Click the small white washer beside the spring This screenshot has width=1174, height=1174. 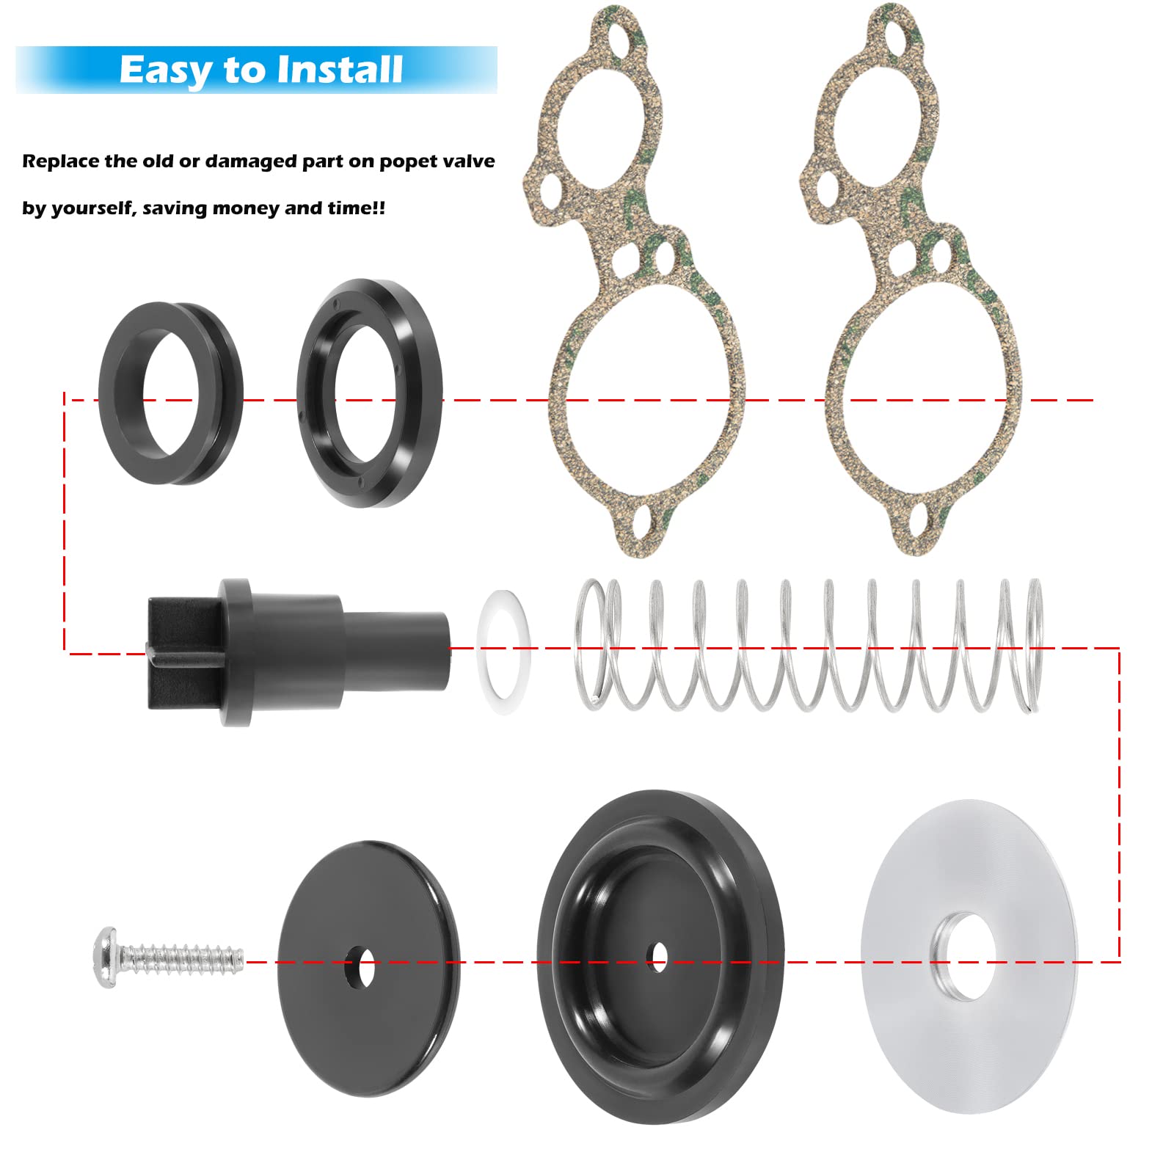pos(504,643)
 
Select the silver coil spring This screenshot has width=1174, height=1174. pos(807,646)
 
